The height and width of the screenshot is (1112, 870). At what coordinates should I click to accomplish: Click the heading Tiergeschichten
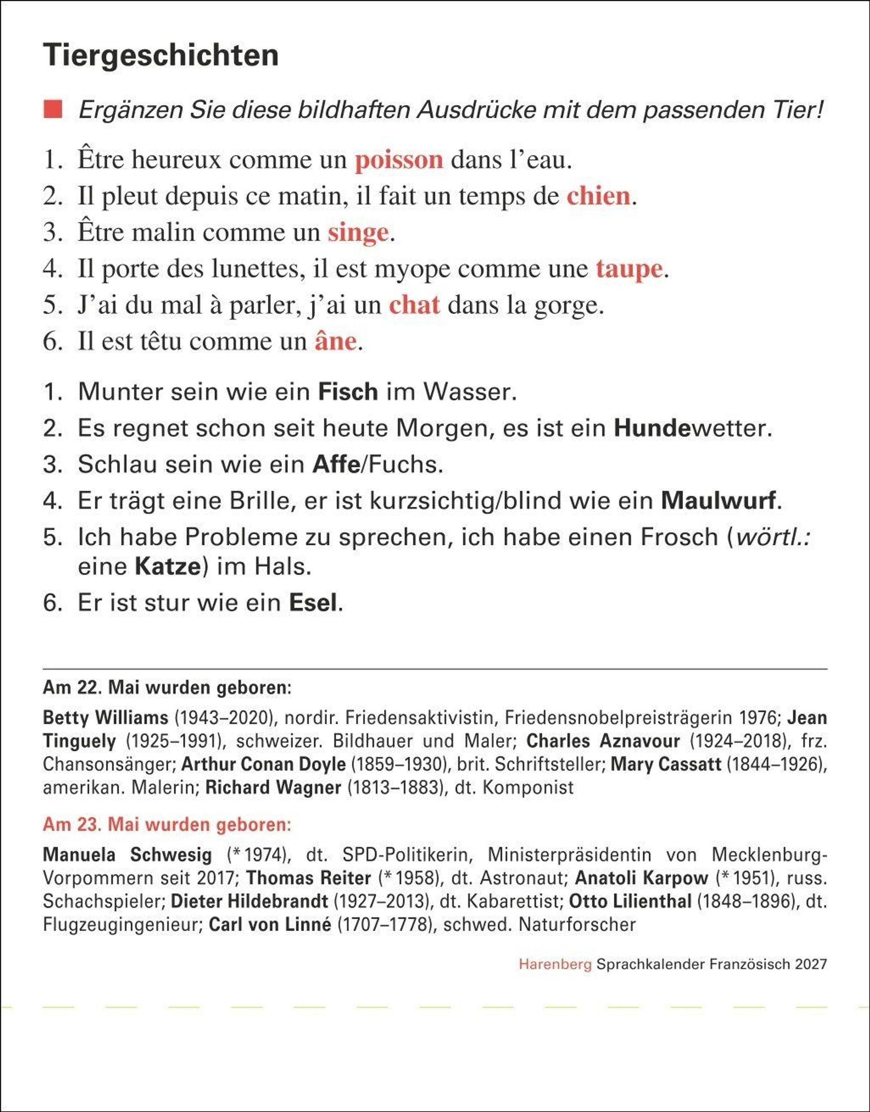click(x=161, y=55)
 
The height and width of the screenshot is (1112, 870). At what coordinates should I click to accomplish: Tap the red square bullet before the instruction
click(x=53, y=109)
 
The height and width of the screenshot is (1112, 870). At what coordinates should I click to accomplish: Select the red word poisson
click(x=399, y=160)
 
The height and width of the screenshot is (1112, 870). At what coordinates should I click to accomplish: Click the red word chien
click(x=598, y=196)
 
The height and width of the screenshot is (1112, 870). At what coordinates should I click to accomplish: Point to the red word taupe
click(x=629, y=269)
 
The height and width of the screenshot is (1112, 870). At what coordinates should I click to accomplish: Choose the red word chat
click(x=414, y=305)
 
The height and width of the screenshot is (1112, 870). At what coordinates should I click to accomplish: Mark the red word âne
click(x=335, y=341)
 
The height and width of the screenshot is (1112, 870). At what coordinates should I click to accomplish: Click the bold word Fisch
click(x=348, y=392)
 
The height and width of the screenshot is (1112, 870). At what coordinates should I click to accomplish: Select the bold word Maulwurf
click(x=718, y=501)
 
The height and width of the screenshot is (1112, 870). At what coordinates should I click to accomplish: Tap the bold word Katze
click(x=168, y=567)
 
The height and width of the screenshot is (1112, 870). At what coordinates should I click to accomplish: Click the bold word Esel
click(x=313, y=603)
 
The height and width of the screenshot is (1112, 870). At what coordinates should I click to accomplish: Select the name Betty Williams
click(x=105, y=717)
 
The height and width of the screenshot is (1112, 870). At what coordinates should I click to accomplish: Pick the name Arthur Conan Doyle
click(x=263, y=764)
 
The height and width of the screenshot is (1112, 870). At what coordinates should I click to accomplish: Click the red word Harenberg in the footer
click(x=555, y=964)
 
